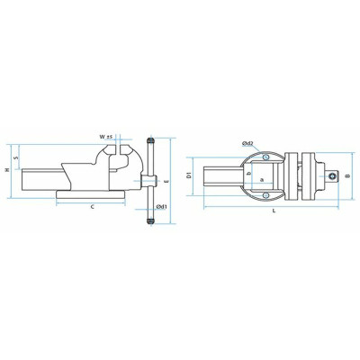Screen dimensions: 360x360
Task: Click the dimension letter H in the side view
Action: point(6,171)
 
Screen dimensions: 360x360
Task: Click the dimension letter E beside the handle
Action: point(169,182)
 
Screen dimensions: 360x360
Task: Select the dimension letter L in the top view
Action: point(273,211)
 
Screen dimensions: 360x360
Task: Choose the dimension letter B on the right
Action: point(350,176)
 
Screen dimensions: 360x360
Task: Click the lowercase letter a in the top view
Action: point(261,181)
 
